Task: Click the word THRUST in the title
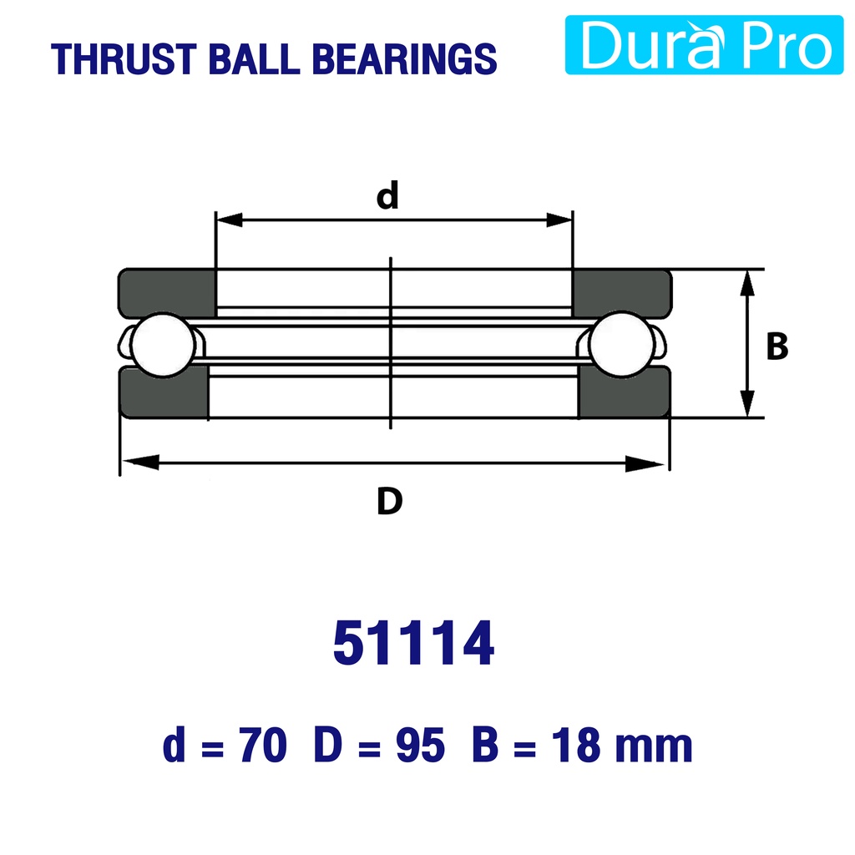(124, 59)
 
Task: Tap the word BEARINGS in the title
(404, 59)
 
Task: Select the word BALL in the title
(254, 59)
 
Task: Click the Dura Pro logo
(705, 45)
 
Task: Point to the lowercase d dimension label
(387, 195)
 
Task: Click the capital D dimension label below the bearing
(389, 502)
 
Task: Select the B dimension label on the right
(777, 347)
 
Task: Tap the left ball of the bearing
(164, 345)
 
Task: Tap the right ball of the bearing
(621, 343)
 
